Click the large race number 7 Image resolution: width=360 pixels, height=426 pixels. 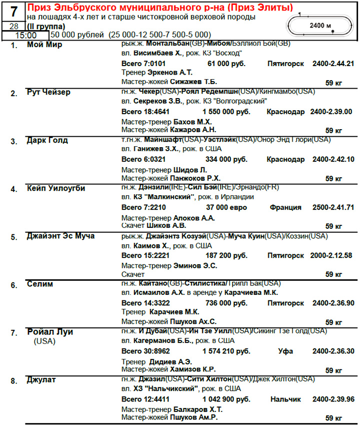(13, 12)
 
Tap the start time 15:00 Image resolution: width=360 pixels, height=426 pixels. (25, 36)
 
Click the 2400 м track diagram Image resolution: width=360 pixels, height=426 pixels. (320, 25)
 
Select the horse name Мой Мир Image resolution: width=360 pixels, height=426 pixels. (44, 45)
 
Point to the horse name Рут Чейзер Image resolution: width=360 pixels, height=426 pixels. (48, 93)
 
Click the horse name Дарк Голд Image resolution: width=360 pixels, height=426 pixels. (47, 141)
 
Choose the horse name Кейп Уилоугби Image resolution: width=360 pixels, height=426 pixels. (56, 188)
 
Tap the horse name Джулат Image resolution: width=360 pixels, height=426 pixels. (42, 380)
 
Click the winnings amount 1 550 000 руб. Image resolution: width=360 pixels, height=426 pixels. (225, 112)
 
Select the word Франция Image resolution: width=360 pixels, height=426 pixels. (285, 207)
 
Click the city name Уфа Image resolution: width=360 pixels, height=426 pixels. (285, 351)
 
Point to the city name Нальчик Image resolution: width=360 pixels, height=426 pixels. (285, 399)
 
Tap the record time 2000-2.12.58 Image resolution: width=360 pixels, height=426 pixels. (333, 255)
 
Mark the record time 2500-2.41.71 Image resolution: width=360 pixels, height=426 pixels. (333, 207)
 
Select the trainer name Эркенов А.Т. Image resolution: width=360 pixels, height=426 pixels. (170, 72)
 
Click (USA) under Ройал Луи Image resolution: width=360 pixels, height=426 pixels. (44, 342)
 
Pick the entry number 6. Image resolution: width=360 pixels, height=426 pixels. (14, 285)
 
